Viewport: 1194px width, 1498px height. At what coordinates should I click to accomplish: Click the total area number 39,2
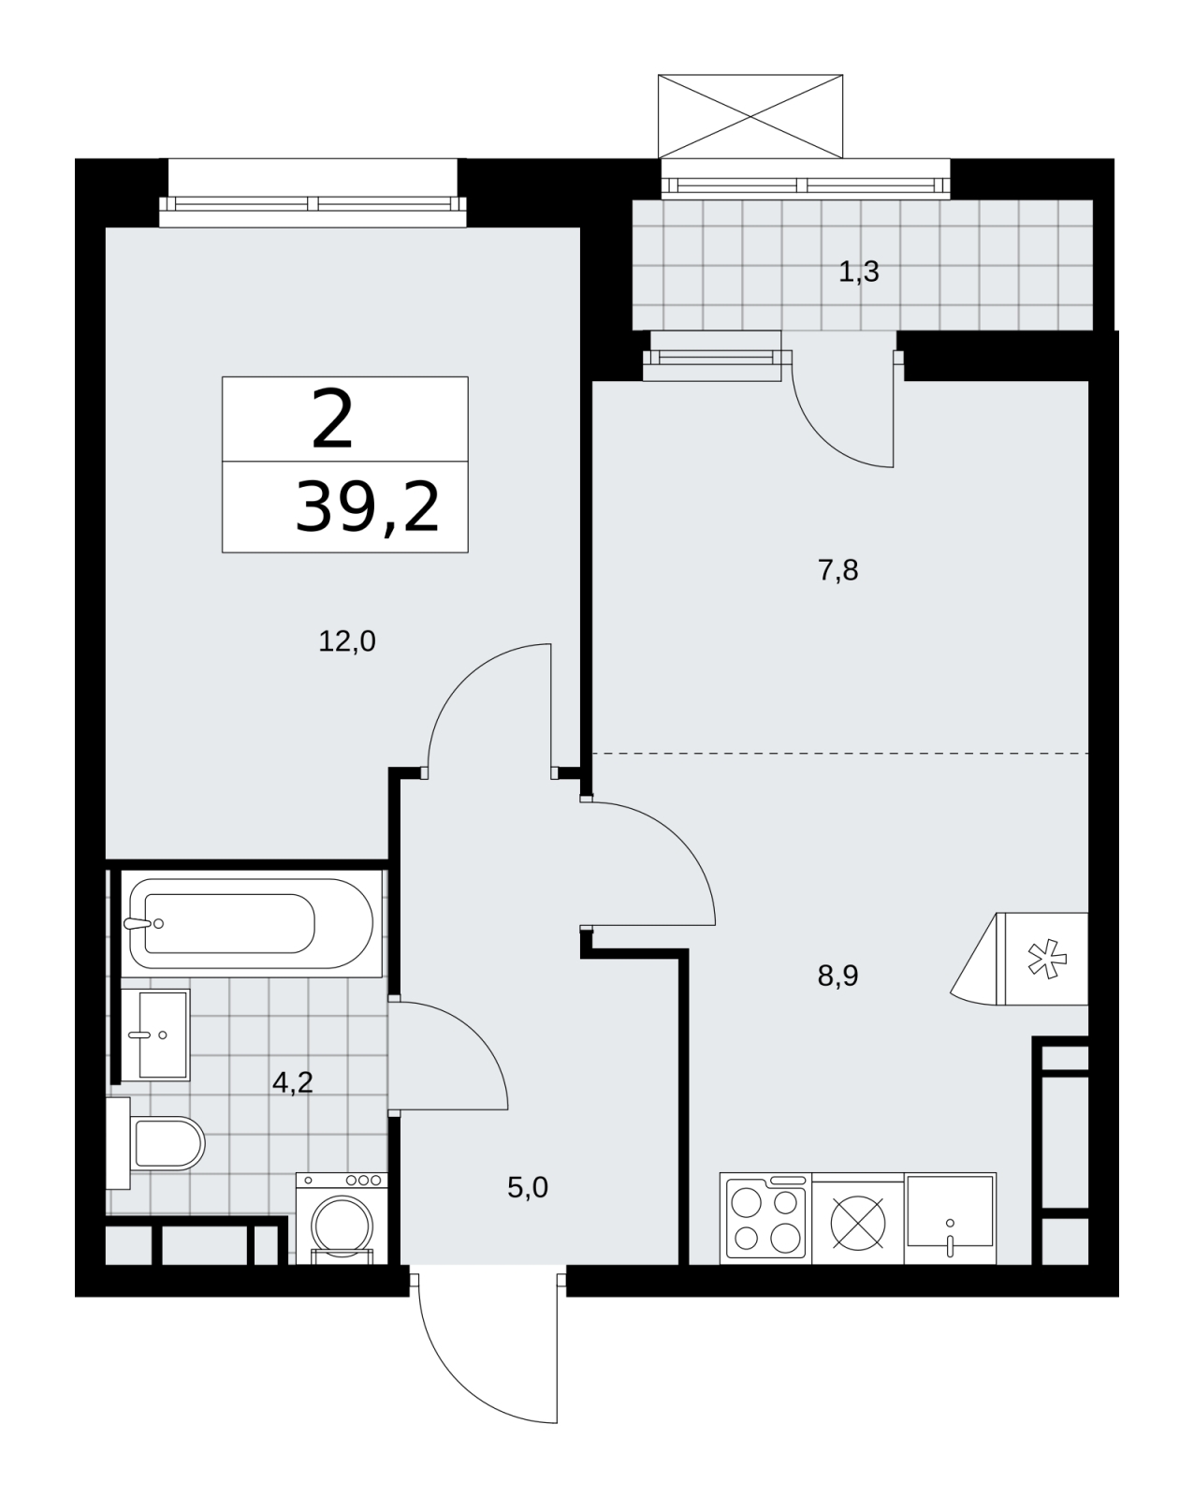368,507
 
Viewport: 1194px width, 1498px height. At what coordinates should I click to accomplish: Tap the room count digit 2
332,419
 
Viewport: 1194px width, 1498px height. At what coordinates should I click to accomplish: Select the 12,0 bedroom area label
346,641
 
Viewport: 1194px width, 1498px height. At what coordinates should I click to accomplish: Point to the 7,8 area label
837,571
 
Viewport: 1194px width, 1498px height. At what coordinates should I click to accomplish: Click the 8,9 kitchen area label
837,976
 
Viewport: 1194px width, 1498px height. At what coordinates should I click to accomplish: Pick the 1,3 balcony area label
859,272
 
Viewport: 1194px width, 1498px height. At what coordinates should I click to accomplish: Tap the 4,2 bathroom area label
292,1082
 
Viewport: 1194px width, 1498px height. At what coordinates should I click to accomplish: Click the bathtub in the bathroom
251,924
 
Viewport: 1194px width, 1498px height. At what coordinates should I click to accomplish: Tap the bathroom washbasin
155,1035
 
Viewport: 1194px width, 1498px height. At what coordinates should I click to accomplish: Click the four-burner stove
765,1218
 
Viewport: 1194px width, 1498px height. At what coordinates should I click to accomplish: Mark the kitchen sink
950,1218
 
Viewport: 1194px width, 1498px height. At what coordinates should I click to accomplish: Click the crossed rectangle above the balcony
750,116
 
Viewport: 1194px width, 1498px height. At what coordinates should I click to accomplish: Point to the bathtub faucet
142,924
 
